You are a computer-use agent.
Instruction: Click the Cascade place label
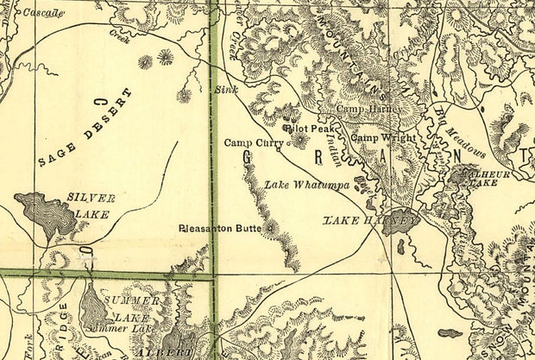(43, 13)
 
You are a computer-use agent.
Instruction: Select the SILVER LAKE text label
(91, 205)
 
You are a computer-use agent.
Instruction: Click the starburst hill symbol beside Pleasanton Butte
(272, 229)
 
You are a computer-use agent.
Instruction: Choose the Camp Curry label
(253, 142)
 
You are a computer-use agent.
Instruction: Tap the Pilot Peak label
(313, 128)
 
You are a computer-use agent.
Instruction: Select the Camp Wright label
(381, 138)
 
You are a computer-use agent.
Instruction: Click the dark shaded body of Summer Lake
(93, 305)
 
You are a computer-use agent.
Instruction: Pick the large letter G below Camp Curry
(249, 159)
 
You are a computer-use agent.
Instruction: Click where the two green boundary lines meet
(212, 276)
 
